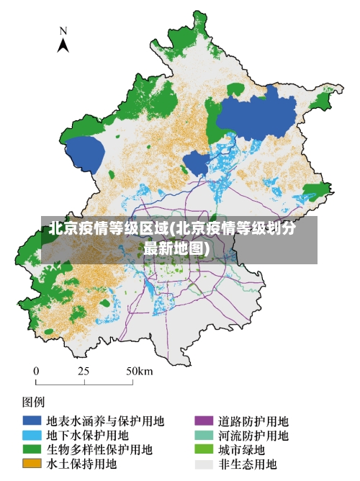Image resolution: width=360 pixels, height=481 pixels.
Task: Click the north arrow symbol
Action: [x=63, y=45]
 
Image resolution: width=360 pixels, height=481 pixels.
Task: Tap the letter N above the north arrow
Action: [x=63, y=31]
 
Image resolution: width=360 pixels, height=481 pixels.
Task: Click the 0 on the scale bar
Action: [x=36, y=371]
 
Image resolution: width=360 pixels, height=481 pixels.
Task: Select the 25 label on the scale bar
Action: [x=84, y=371]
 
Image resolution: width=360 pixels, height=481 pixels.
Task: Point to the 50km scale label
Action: [x=139, y=371]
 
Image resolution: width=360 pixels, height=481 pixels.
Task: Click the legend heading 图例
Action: [x=34, y=400]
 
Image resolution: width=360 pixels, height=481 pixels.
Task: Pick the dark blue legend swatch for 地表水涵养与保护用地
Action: [x=31, y=421]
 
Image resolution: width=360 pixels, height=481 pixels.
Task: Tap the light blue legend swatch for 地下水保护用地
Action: [x=31, y=435]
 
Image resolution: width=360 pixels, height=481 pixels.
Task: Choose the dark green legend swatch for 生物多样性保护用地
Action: [x=31, y=449]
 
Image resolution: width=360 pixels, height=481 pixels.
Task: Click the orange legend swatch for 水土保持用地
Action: [x=31, y=464]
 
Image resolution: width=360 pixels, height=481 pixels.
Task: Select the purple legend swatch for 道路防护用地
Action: [x=204, y=421]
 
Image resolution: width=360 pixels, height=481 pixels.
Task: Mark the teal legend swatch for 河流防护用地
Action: [x=204, y=435]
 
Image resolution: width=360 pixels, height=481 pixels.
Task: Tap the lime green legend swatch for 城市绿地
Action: [x=204, y=449]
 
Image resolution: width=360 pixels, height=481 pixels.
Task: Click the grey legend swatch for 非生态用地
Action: [x=204, y=464]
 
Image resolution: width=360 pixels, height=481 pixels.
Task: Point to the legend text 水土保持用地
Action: [x=81, y=464]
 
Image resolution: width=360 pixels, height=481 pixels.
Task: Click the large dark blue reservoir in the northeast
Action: [x=256, y=115]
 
